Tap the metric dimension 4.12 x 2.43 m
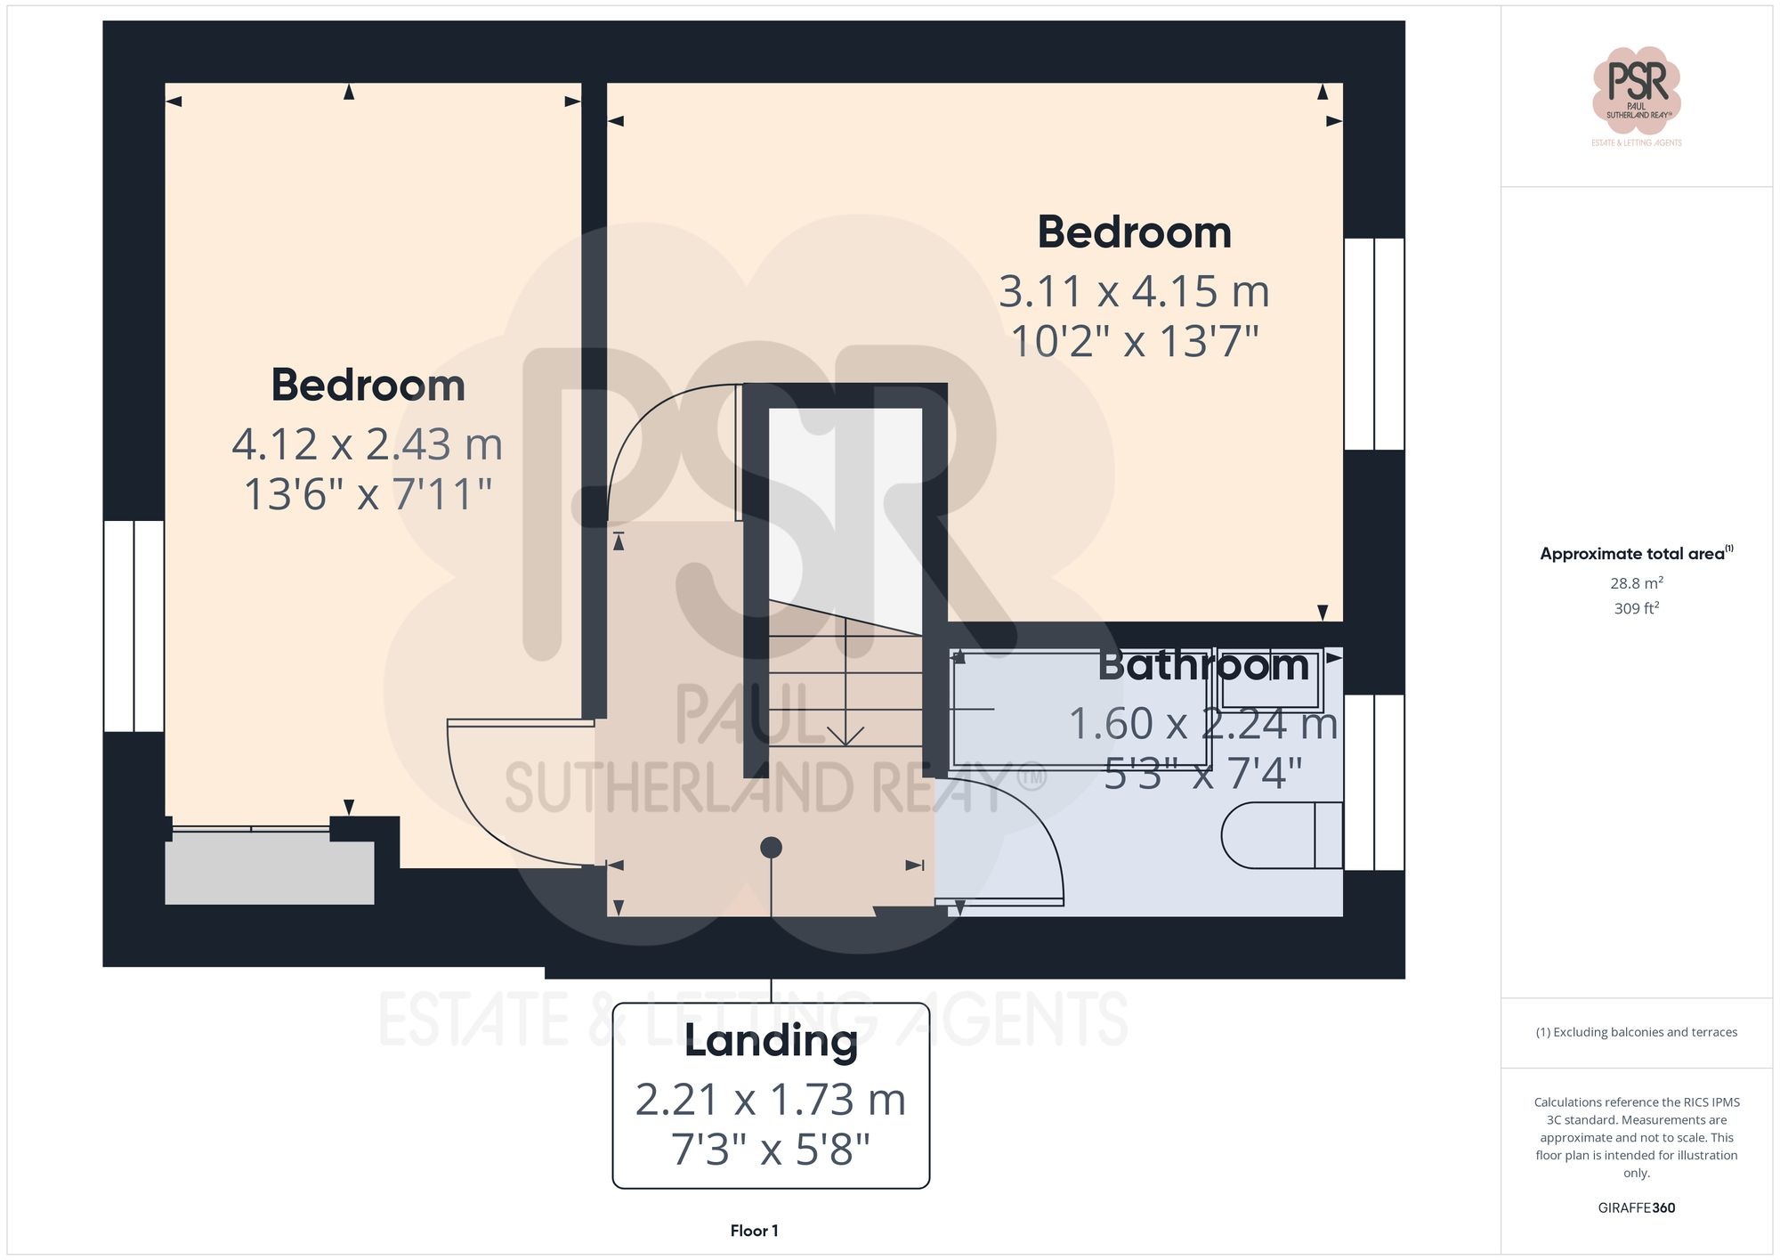[x=368, y=444]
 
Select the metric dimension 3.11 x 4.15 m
[x=1134, y=292]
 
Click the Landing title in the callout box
[x=771, y=1041]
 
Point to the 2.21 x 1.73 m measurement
[x=771, y=1100]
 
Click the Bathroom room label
[x=1203, y=665]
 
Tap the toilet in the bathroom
[x=1282, y=835]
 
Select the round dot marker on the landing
[x=772, y=848]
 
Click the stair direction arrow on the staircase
[x=845, y=736]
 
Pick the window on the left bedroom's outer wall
[x=133, y=626]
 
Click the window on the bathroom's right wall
[x=1374, y=782]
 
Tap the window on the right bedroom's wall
[x=1374, y=344]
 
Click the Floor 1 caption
[x=754, y=1231]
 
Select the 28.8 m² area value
[x=1636, y=583]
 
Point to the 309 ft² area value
[x=1636, y=608]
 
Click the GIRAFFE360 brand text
[x=1636, y=1207]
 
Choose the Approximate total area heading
[x=1636, y=554]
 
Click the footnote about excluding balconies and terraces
[x=1636, y=1032]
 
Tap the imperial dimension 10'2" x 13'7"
[x=1135, y=342]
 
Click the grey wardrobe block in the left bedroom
[x=269, y=873]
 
